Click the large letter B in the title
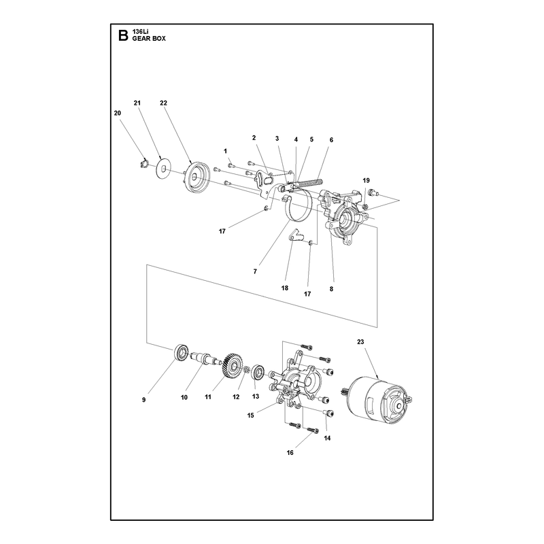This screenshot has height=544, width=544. coord(123,35)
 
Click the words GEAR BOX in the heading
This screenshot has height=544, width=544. coord(149,39)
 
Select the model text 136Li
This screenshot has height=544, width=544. coord(139,32)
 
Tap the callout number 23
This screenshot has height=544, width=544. coord(360,342)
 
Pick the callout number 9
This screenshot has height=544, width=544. coord(143,400)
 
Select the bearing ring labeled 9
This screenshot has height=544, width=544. coord(181,353)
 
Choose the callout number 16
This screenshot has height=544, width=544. coord(290,452)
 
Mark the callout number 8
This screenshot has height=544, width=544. coord(331,288)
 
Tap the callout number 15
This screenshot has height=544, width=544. coord(250,415)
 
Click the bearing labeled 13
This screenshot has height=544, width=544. coord(258,373)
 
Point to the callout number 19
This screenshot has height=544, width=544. coord(366,180)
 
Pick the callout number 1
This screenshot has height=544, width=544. coord(226,151)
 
